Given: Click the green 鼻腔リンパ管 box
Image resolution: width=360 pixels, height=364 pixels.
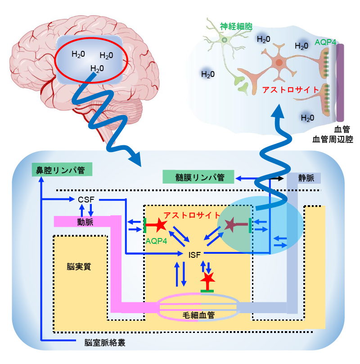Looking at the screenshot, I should pos(62,170).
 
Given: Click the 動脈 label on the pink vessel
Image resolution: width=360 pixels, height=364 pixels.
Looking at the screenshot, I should pos(85,221).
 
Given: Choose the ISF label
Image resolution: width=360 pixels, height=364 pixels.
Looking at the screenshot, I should pos(195,255).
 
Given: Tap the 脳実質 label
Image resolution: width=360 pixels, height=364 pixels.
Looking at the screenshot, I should pos(79,266).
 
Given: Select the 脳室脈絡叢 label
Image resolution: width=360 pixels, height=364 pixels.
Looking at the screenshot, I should pos(105,342).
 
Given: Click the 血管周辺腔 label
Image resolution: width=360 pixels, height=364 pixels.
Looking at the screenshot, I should pos(333,139).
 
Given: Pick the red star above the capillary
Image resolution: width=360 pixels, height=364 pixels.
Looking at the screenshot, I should pos(208,280).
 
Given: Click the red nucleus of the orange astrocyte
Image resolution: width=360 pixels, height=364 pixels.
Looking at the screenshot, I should pos(279,63).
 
